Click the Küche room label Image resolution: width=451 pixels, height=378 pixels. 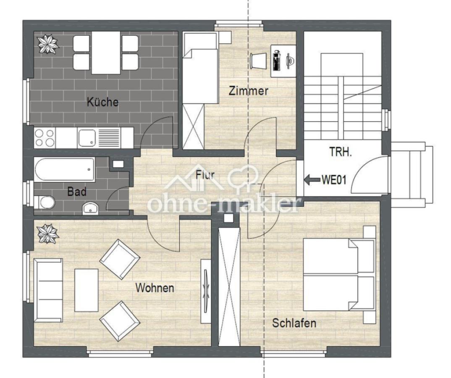click(102, 102)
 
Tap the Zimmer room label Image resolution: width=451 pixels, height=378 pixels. click(248, 91)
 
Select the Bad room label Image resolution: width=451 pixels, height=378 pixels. click(77, 192)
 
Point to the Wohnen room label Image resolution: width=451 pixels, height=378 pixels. click(155, 288)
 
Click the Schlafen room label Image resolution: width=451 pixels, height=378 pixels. click(294, 323)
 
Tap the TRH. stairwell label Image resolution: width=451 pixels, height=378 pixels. click(340, 152)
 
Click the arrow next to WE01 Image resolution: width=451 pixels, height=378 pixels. click(312, 180)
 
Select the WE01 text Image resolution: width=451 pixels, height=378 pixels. click(334, 180)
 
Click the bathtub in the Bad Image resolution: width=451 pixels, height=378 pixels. click(65, 169)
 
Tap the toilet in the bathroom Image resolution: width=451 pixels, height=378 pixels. click(45, 203)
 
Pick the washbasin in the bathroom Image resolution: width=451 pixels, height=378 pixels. click(90, 207)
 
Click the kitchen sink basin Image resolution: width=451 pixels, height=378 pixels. click(87, 137)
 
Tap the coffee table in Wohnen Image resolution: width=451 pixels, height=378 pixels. click(86, 290)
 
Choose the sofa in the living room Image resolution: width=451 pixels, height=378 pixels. click(48, 290)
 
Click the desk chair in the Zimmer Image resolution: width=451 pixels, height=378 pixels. click(257, 61)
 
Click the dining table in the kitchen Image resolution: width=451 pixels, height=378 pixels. click(106, 54)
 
